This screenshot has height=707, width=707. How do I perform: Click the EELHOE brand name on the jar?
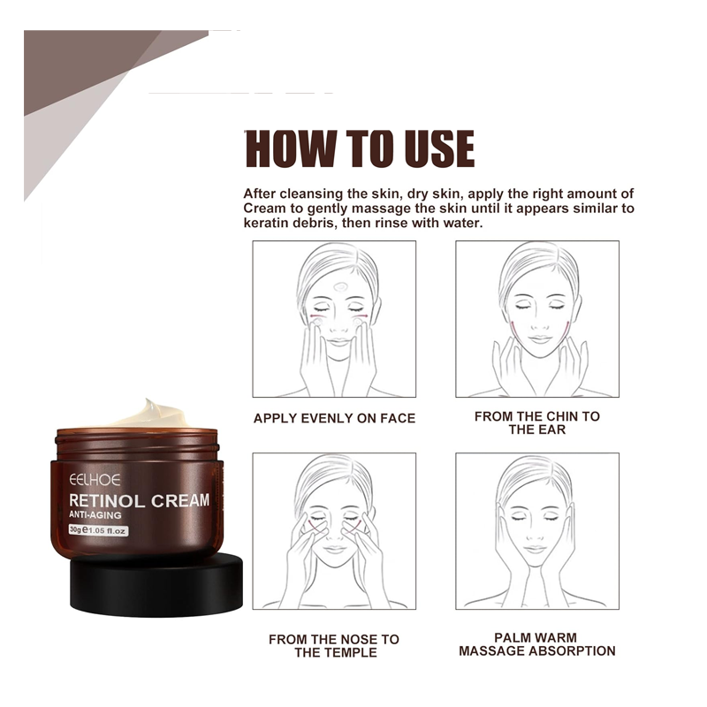point(95,480)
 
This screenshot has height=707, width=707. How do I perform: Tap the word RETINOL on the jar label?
point(106,501)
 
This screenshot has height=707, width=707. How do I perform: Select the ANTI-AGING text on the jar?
point(95,515)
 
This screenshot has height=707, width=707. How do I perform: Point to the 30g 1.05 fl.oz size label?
point(98,530)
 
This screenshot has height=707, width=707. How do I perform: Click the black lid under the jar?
point(156,586)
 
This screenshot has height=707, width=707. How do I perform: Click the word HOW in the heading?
point(290,148)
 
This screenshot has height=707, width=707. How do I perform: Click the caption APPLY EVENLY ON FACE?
point(334,418)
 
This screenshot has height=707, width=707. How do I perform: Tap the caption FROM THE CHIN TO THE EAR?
point(537,423)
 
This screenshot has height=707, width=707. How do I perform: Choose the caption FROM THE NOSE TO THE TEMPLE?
point(334,646)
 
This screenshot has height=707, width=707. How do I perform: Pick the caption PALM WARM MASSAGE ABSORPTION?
point(537,644)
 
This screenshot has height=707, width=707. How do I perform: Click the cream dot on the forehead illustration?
point(341,286)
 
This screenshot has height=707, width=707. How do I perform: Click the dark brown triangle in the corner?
point(86,63)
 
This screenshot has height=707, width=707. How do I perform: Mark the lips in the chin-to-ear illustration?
point(540,338)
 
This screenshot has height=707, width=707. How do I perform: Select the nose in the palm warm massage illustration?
point(535,536)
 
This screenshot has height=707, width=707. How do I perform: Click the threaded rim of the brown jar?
point(137,445)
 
